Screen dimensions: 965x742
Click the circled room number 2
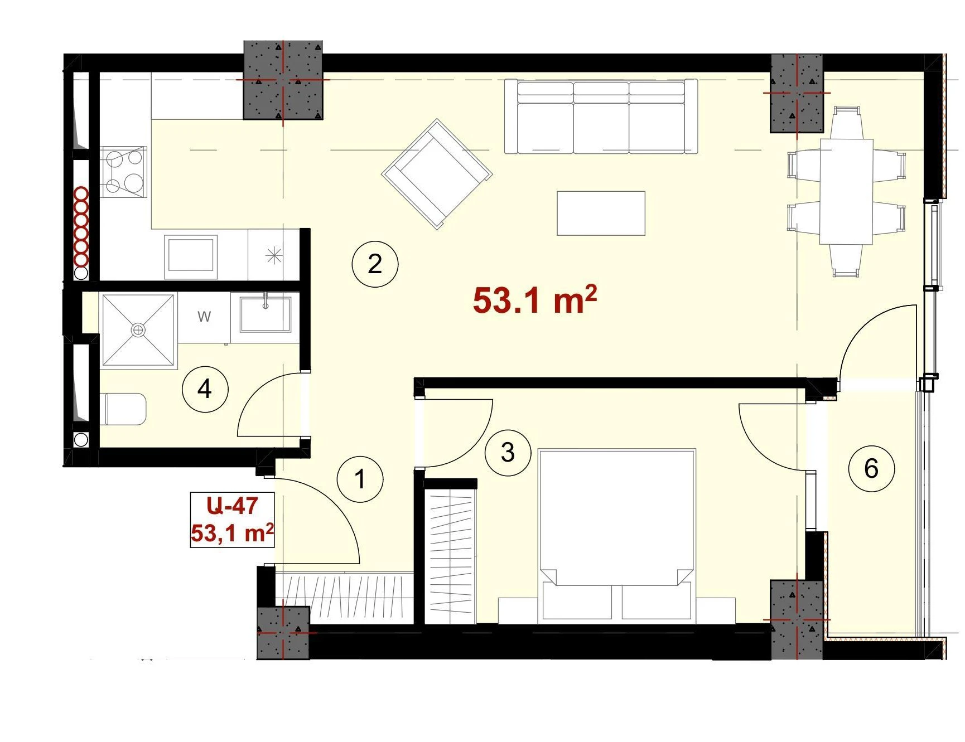pos(375,264)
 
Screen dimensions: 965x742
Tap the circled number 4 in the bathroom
pos(205,389)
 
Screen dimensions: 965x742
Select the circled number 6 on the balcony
pos(871,469)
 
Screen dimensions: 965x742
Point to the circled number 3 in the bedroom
pos(508,452)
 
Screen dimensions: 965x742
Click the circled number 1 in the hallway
pos(360,479)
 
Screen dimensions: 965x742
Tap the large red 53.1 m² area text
pos(535,300)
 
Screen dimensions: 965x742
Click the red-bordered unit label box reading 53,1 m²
pos(232,520)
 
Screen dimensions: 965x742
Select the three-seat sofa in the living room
pos(601,117)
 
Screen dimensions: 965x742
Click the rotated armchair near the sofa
pos(437,174)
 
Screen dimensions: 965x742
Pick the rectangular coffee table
pos(601,213)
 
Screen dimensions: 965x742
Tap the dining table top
pos(846,192)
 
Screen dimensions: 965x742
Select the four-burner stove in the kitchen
pos(123,172)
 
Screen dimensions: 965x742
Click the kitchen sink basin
pos(191,256)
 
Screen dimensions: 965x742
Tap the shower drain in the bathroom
pos(138,331)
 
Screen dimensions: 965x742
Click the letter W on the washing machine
pos(204,317)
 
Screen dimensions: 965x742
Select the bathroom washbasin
pos(265,314)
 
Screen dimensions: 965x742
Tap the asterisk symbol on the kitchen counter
pos(274,255)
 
